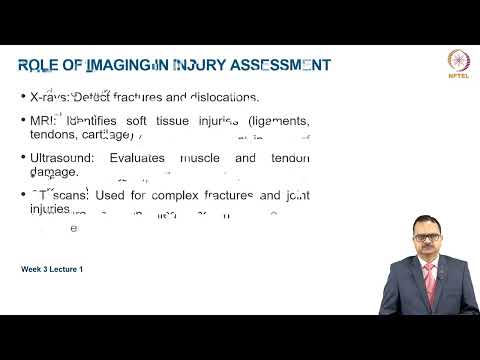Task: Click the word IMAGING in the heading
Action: coord(119,66)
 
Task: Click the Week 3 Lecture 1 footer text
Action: coord(52,269)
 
